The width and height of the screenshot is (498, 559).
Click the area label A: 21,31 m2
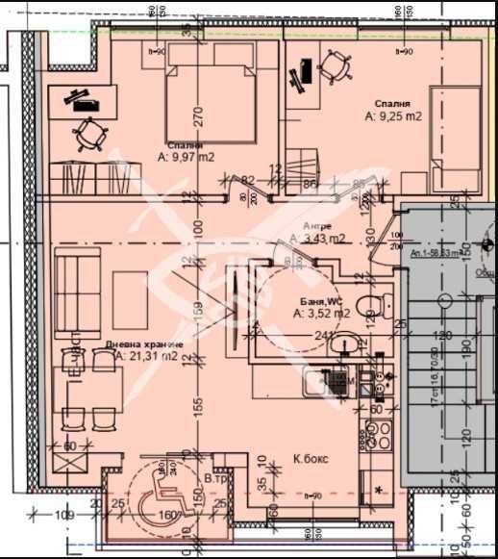pyautogui.click(x=143, y=356)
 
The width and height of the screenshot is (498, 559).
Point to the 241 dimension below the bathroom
pyautogui.click(x=325, y=336)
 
